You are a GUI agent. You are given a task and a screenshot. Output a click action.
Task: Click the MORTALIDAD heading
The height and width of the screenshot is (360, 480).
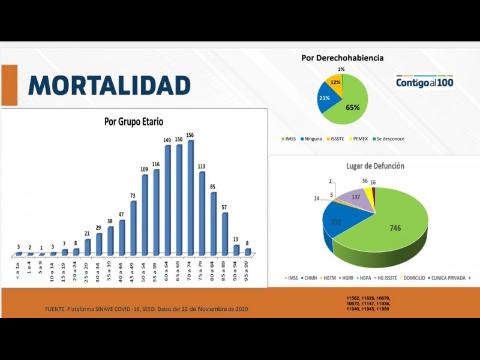[109, 85]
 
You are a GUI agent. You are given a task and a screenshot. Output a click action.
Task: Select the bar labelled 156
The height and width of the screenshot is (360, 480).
[191, 198]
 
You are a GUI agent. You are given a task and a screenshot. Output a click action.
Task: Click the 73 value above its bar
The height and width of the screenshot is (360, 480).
[133, 196]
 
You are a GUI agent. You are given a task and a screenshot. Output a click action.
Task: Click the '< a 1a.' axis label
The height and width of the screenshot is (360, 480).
[19, 268]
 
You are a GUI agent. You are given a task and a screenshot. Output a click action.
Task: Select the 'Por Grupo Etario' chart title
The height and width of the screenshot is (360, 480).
[134, 122]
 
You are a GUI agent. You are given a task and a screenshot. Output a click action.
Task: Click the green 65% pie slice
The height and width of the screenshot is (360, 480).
[355, 102]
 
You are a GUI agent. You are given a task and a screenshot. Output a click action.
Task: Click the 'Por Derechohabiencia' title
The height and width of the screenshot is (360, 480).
[343, 58]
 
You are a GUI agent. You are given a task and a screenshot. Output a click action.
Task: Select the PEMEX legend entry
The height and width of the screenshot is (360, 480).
[359, 139]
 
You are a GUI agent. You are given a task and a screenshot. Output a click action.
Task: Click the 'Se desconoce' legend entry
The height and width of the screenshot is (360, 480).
[390, 139]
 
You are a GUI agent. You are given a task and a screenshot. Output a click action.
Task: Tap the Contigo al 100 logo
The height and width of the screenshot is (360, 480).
[424, 82]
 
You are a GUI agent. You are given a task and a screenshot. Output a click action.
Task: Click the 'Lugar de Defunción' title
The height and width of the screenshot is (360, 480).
[375, 166]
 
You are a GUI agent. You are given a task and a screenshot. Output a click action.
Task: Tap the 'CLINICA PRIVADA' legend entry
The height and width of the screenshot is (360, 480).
[449, 278]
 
